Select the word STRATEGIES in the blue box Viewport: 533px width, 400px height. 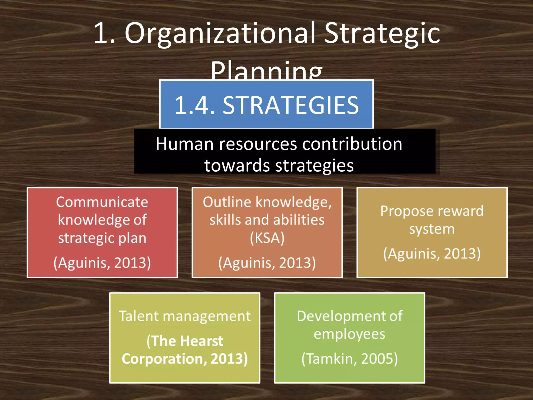coord(291,105)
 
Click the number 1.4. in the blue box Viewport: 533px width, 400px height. coord(195,105)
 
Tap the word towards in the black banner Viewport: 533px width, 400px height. coord(237,166)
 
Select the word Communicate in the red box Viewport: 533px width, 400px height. coord(102,202)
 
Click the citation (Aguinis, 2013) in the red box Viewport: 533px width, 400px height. coord(102,262)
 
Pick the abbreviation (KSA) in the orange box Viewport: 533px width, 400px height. coord(267,238)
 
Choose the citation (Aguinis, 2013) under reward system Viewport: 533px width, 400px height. coord(432,254)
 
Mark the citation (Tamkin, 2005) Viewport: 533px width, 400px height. coord(349,359)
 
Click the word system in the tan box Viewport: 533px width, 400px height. coord(432,229)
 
